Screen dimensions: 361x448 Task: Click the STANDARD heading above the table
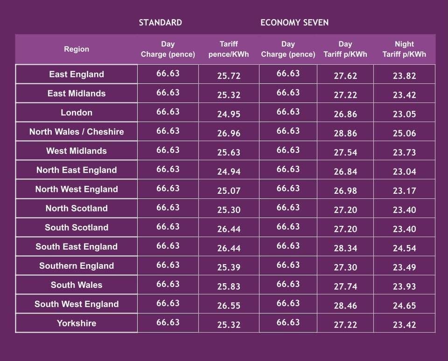(x=160, y=23)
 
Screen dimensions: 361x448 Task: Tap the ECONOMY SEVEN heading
(x=294, y=23)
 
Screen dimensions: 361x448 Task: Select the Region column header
(x=77, y=49)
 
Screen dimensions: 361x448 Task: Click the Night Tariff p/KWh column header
(x=404, y=49)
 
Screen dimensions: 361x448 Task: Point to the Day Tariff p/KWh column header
(x=345, y=49)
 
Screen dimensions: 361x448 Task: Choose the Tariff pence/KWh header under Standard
(x=229, y=49)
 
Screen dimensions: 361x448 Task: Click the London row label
(x=77, y=113)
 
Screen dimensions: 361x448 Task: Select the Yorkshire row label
(x=77, y=323)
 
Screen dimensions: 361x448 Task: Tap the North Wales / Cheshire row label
(x=77, y=132)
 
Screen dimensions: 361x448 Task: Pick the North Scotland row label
(x=77, y=208)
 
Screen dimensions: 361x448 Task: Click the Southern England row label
(x=77, y=266)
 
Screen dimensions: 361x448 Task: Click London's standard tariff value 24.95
(x=229, y=114)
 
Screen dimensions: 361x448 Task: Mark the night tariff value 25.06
(x=404, y=133)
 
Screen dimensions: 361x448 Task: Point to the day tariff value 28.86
(x=345, y=133)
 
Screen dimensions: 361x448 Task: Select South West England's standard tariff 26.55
(x=229, y=306)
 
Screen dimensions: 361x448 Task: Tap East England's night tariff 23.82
(x=404, y=76)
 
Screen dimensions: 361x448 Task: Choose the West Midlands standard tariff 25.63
(x=229, y=152)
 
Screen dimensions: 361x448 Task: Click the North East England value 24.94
(x=229, y=171)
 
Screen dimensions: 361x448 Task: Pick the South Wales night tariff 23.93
(x=404, y=286)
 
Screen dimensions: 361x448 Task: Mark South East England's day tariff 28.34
(x=345, y=248)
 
